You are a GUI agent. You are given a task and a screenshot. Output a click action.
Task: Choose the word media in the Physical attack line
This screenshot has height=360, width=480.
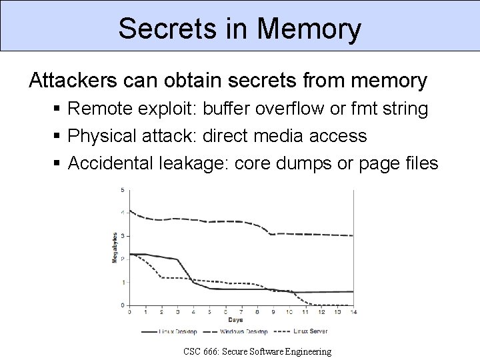click(x=276, y=136)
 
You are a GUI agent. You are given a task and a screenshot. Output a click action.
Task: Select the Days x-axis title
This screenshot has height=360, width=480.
click(x=241, y=320)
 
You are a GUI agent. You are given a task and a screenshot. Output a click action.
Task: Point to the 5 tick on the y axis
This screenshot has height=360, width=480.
click(x=122, y=190)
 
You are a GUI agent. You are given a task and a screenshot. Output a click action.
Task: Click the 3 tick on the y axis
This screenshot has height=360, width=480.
click(x=122, y=236)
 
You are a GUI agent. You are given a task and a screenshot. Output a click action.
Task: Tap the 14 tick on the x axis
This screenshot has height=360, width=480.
click(x=353, y=312)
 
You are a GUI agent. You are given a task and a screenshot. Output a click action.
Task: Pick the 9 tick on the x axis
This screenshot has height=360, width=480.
click(x=273, y=312)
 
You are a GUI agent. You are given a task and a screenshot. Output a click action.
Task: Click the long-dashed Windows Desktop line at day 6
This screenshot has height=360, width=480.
click(x=225, y=221)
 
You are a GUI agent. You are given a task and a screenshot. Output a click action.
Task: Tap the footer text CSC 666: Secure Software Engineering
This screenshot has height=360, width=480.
click(x=258, y=351)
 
